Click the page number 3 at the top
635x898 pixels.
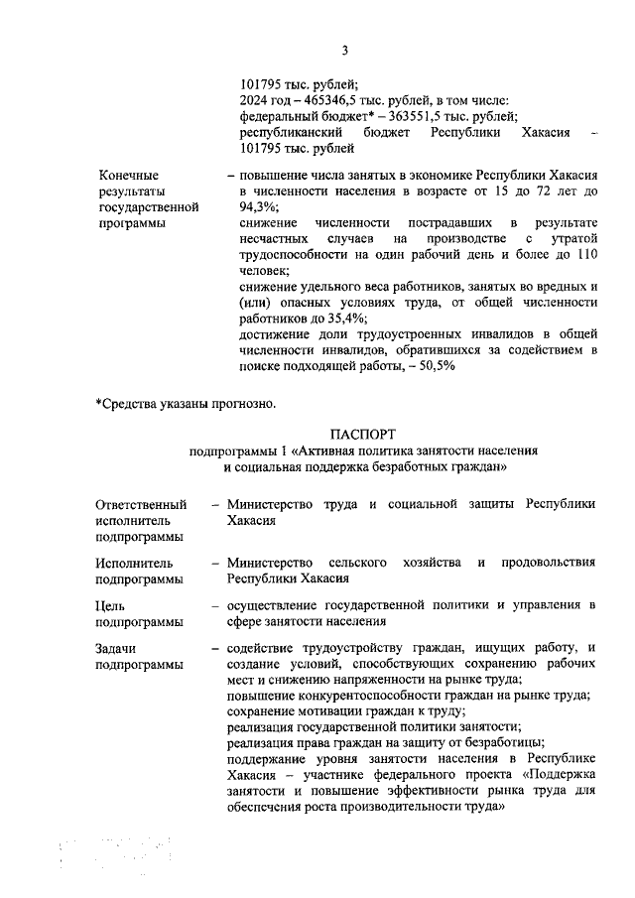tap(344, 51)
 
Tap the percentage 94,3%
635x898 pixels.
tap(259, 207)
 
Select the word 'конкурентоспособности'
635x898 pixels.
tap(372, 696)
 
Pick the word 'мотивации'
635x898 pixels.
tap(328, 711)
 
